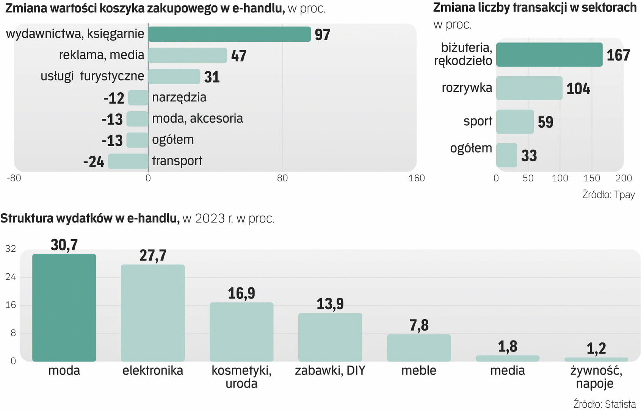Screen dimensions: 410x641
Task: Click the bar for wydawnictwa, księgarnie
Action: [229, 34]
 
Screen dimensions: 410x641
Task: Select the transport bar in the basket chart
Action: [128, 161]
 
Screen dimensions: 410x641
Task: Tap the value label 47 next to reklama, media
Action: [239, 56]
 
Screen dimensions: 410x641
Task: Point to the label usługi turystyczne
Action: [92, 76]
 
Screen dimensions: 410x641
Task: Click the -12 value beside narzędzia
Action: [114, 98]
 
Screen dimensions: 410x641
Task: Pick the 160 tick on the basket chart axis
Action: [416, 178]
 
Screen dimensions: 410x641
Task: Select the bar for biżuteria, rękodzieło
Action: [549, 55]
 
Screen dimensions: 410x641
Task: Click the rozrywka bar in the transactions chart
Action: [529, 88]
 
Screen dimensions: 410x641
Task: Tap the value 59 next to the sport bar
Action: [545, 122]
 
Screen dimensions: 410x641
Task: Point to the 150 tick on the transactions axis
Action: [592, 178]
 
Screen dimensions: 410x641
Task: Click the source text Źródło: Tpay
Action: [608, 195]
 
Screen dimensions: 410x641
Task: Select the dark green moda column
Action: [64, 307]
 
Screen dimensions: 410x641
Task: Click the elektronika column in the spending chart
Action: [153, 313]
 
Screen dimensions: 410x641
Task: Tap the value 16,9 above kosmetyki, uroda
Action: [241, 293]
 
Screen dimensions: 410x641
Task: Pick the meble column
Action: [419, 348]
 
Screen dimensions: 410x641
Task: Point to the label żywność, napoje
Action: [596, 377]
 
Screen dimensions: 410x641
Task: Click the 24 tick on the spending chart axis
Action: [11, 277]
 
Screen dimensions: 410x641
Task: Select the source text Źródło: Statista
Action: [604, 404]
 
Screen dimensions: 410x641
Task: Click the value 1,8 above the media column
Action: [508, 346]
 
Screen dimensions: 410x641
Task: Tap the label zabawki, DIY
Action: [330, 371]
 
